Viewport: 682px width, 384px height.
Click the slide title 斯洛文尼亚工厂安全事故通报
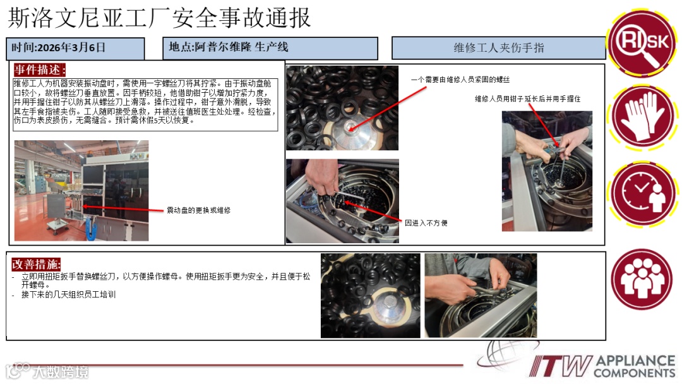pos(159,18)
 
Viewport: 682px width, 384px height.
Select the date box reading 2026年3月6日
pos(75,49)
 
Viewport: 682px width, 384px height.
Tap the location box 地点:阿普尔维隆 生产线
pos(270,48)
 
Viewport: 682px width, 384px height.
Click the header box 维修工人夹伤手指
pos(498,48)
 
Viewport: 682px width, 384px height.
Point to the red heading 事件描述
pos(40,69)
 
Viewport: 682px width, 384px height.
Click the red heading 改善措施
pos(36,264)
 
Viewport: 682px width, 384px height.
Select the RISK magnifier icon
pos(643,42)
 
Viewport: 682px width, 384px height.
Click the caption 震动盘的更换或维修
pos(199,210)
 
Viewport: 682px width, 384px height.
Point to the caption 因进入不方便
pos(426,223)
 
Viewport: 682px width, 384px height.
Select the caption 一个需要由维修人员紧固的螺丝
pos(460,80)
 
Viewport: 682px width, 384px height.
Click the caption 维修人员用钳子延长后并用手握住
pos(527,99)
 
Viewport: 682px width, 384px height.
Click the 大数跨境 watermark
pos(47,371)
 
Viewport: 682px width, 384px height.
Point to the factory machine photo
pos(81,191)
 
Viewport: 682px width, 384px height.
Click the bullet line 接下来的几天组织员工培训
pos(68,295)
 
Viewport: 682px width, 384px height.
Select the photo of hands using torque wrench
pos(481,296)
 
